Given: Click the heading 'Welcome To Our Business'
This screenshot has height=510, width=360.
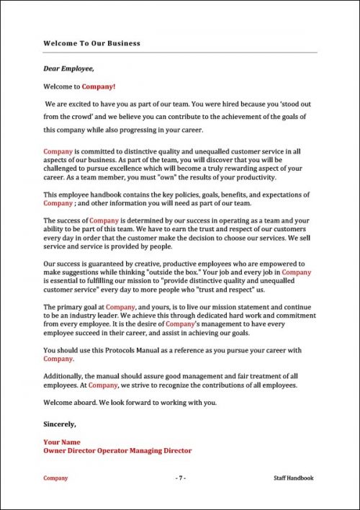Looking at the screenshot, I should pos(91,43).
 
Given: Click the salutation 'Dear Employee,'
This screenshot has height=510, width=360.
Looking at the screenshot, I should pos(68,69).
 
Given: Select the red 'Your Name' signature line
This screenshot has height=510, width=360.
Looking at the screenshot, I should pos(62,442).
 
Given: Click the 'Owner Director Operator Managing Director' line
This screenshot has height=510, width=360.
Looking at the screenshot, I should pos(117,450).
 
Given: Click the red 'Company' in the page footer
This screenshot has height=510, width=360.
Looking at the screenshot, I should pos(55,478).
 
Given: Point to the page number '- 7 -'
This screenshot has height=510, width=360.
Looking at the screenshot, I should pos(180,478).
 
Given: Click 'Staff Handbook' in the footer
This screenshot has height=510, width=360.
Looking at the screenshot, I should pos(294,478).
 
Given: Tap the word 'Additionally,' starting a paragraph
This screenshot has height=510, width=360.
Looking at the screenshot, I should pos(63,376).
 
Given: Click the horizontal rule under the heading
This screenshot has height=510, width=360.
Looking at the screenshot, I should pos(180,53).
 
